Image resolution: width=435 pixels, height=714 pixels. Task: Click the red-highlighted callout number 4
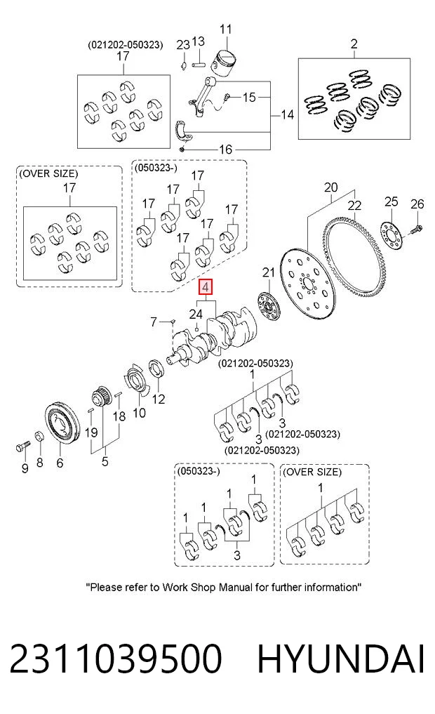(206, 287)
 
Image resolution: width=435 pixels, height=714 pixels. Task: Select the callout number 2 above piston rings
(354, 44)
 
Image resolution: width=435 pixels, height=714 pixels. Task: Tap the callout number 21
(269, 272)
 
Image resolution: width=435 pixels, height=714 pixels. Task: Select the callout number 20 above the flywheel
(330, 187)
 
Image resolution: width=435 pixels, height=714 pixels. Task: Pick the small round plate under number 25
(391, 234)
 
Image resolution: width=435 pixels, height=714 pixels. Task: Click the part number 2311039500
(115, 658)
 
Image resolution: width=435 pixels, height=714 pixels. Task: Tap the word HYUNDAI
(341, 658)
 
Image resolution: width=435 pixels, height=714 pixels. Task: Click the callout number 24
(196, 314)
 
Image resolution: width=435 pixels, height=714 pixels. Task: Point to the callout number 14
(287, 114)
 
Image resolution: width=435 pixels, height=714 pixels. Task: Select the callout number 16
(225, 150)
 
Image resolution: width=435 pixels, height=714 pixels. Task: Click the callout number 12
(158, 399)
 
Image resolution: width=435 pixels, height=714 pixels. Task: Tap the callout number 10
(139, 413)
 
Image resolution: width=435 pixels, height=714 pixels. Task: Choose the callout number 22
(354, 206)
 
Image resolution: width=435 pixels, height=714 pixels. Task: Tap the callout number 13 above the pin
(198, 41)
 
